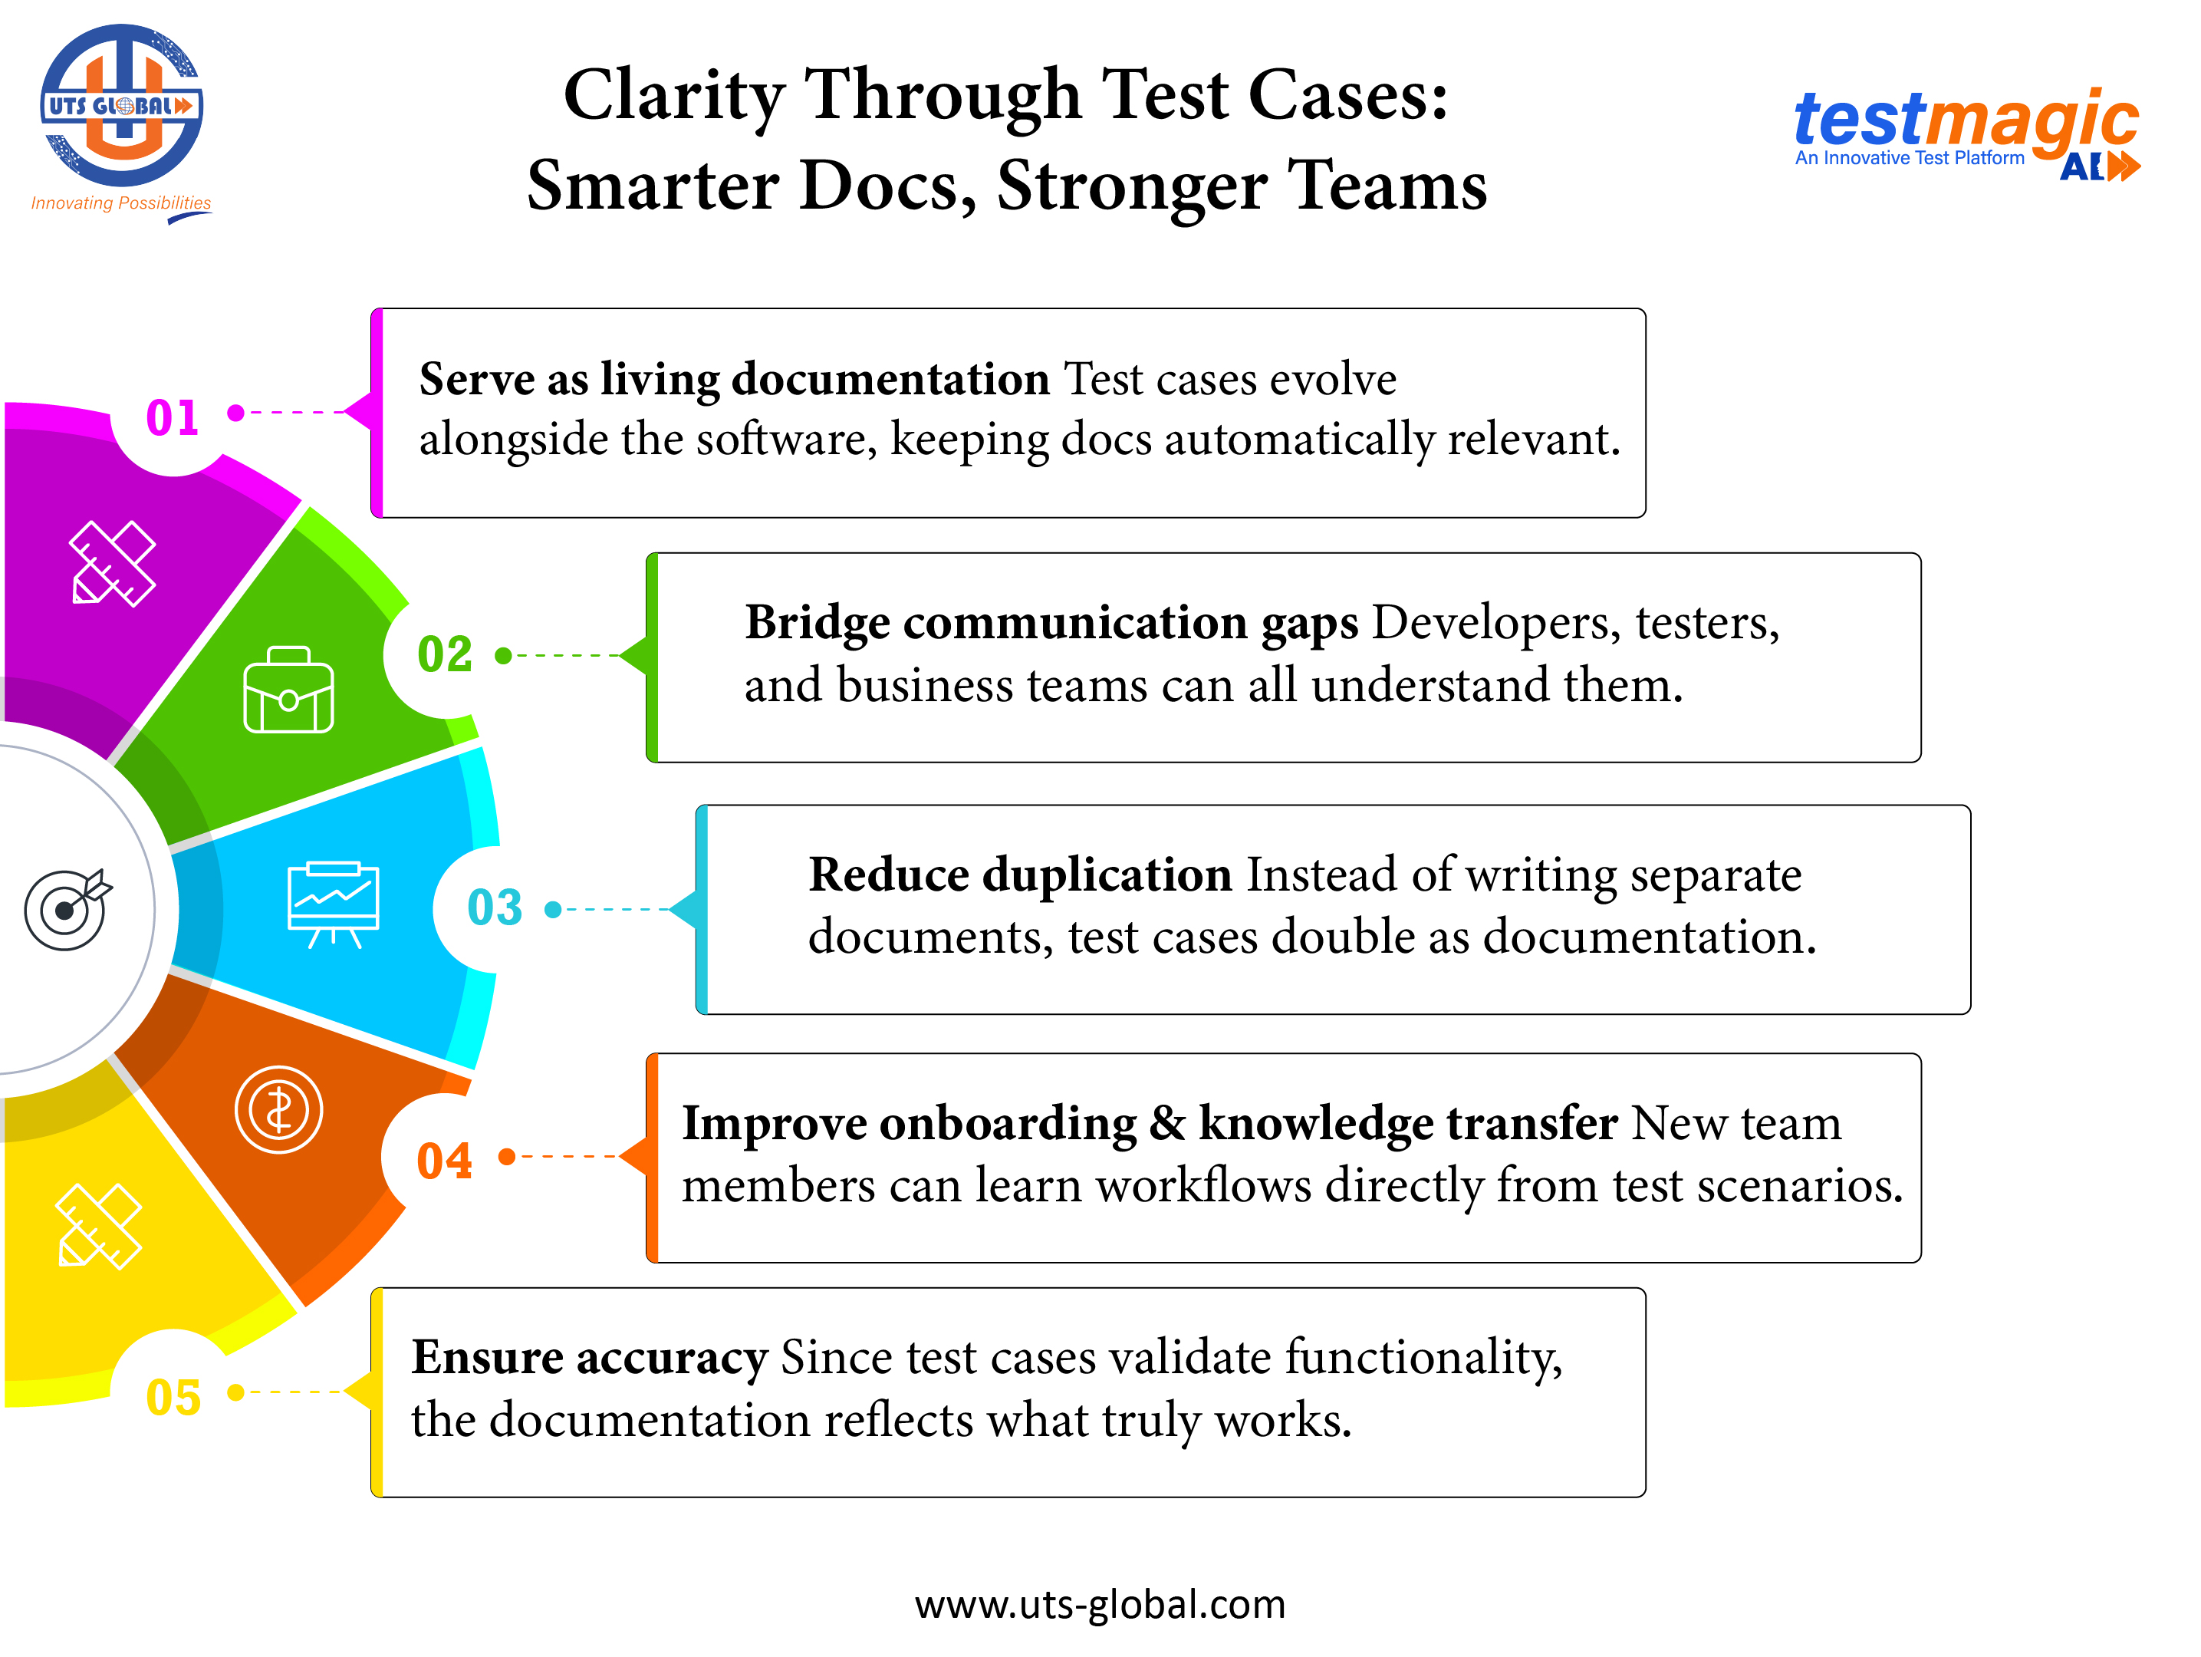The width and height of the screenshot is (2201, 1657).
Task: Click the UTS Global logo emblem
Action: [121, 106]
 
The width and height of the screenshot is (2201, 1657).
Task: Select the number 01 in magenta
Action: [172, 417]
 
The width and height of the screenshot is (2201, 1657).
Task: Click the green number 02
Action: [445, 655]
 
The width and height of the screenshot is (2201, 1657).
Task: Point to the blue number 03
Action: [495, 908]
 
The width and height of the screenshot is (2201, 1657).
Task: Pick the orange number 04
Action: [444, 1161]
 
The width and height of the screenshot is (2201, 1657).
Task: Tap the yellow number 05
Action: [173, 1397]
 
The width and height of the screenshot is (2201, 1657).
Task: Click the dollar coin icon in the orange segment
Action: [278, 1109]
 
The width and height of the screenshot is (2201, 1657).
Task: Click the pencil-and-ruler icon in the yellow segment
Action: [98, 1226]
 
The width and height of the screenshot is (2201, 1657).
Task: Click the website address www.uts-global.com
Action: [1100, 1604]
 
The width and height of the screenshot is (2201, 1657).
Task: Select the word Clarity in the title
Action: [673, 96]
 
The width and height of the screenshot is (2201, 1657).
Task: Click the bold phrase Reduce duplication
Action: [1020, 875]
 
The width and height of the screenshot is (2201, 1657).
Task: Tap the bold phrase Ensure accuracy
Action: [589, 1358]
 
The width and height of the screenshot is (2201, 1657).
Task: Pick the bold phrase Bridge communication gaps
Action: [1051, 623]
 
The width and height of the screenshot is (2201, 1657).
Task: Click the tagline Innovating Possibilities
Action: [120, 203]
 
